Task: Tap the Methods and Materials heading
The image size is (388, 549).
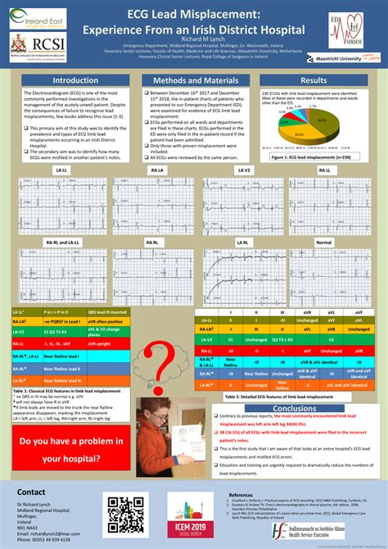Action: [195, 80]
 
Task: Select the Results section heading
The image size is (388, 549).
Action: [314, 80]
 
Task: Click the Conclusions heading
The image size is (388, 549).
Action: [294, 408]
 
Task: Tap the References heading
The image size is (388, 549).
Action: [240, 495]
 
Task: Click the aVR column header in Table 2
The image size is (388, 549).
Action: [304, 312]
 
